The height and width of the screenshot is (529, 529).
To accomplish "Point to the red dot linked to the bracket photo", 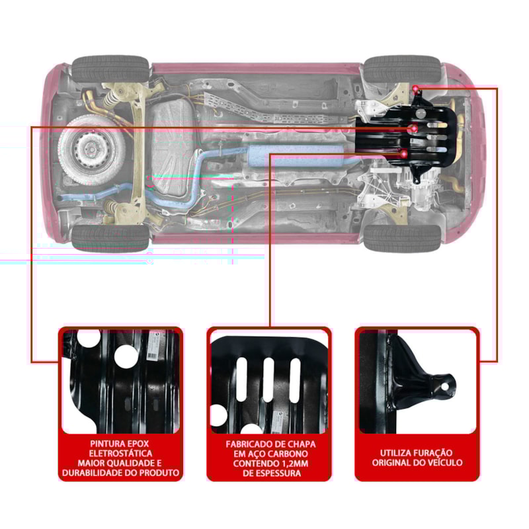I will point(415,89).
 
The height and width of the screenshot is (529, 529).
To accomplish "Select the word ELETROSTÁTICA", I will point(120,452).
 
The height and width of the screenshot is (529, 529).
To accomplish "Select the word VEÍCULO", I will point(442,463).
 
